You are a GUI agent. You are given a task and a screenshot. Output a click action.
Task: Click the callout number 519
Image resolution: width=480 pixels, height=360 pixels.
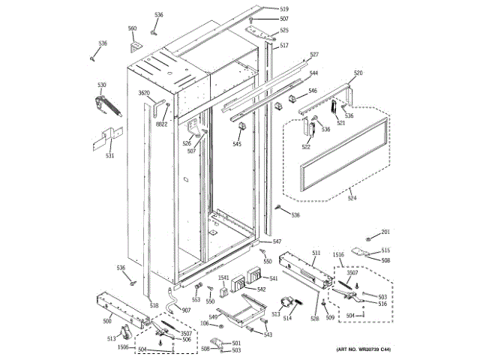(263, 9)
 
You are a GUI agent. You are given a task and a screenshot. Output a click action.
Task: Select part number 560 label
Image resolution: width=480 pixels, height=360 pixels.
(133, 29)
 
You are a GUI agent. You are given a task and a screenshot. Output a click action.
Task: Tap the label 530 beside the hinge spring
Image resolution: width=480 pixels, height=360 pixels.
(101, 85)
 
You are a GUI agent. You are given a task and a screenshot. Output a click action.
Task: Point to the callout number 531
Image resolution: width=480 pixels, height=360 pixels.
(109, 156)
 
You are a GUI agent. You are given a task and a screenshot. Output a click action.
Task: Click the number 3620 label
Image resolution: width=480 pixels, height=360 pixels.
(145, 93)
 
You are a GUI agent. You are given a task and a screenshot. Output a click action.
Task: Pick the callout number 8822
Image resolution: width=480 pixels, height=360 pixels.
(162, 124)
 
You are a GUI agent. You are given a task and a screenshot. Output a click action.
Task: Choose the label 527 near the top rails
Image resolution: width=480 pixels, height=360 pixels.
(314, 55)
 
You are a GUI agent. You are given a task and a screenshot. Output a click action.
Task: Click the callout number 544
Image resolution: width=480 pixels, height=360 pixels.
(313, 73)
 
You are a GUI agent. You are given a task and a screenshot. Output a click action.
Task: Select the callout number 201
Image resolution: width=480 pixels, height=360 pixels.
(385, 232)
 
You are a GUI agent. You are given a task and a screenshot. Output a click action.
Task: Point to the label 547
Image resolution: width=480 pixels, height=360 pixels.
(277, 241)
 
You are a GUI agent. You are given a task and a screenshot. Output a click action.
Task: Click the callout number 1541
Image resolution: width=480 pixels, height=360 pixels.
(223, 278)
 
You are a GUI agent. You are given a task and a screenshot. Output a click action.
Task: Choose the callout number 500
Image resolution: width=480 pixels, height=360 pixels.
(106, 321)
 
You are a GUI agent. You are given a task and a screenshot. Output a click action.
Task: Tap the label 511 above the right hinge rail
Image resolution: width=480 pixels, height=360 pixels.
(316, 253)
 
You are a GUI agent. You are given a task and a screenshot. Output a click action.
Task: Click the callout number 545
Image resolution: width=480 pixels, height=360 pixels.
(237, 144)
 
